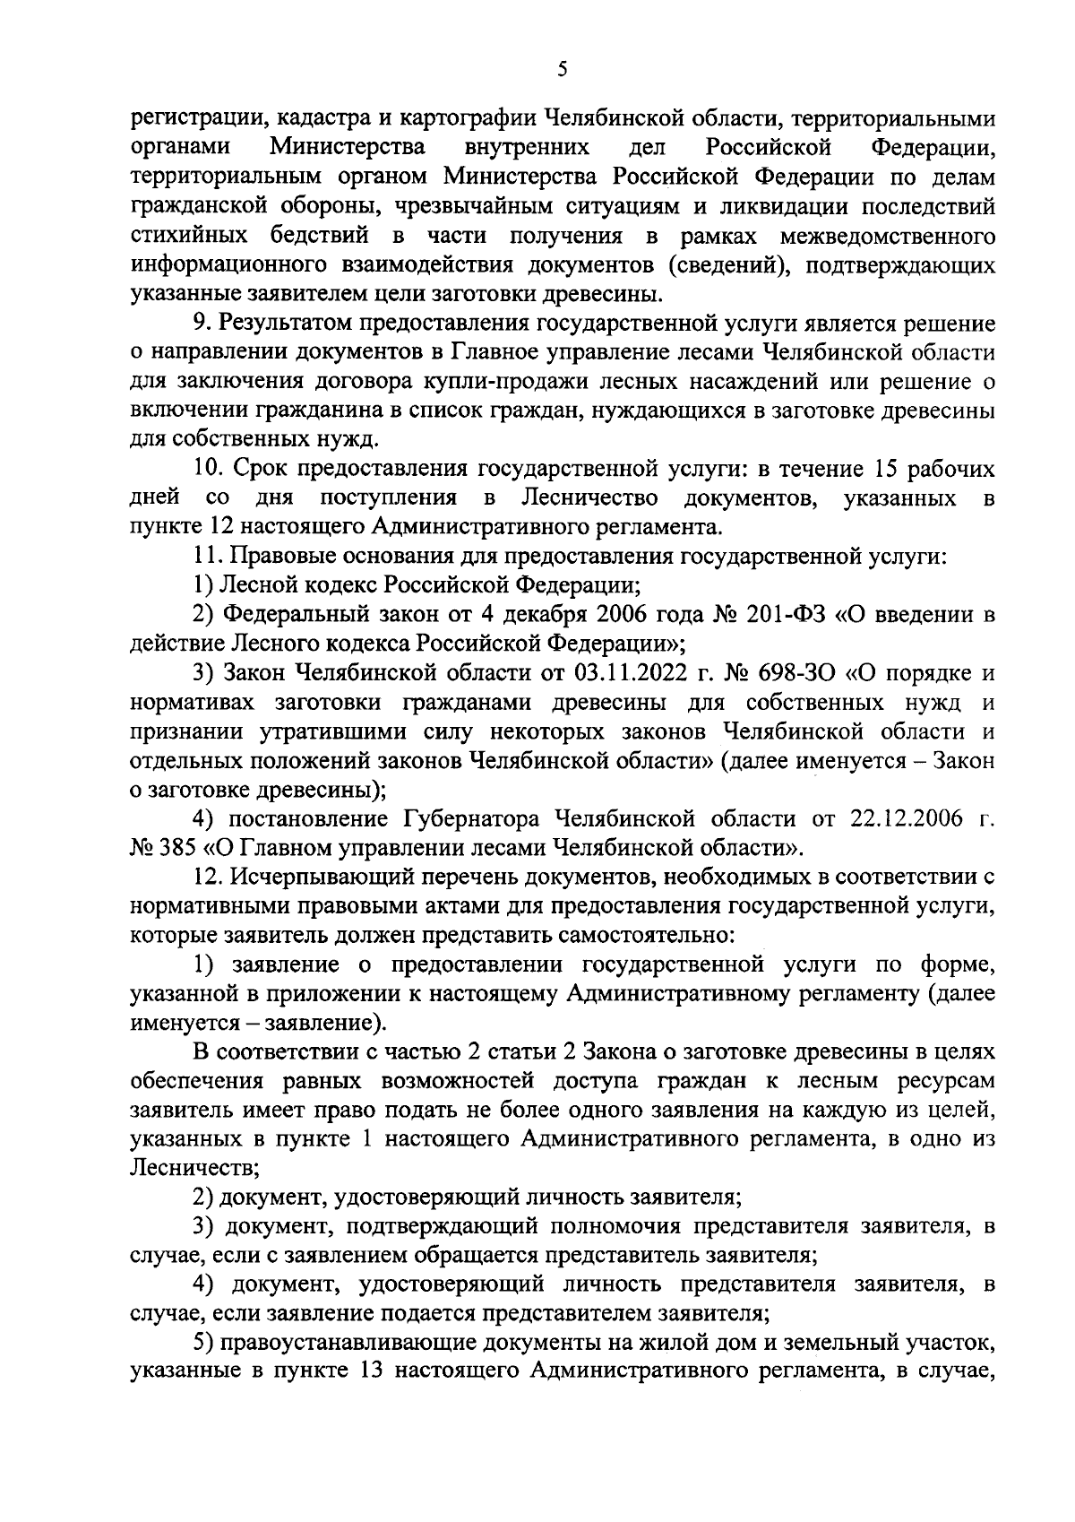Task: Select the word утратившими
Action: coord(336,731)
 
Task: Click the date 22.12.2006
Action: coord(890,818)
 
